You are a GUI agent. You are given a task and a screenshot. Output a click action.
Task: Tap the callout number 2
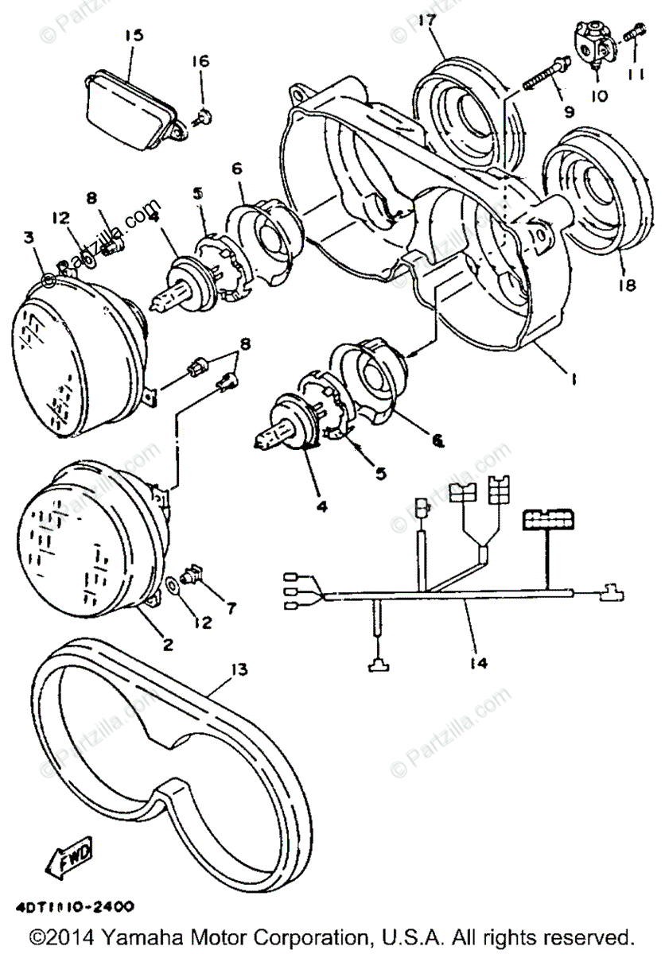point(168,644)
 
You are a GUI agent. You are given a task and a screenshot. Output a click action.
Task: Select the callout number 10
point(599,95)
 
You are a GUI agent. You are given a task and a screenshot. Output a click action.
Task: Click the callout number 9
point(568,112)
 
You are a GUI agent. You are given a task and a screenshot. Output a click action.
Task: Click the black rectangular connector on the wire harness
point(546,521)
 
